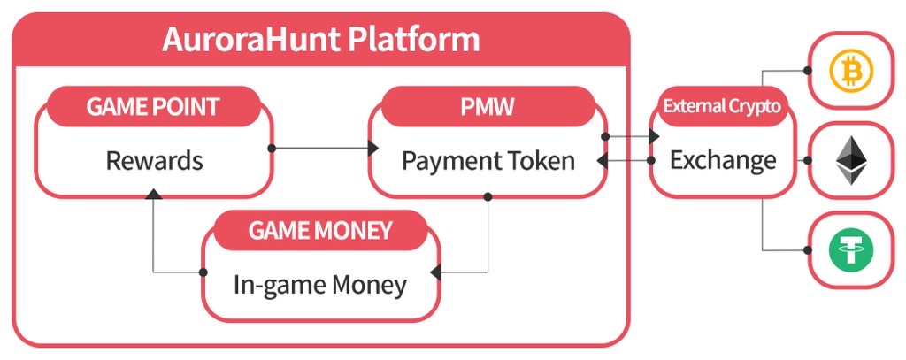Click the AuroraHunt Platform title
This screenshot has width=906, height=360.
coord(320,39)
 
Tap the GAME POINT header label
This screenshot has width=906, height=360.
coord(153,106)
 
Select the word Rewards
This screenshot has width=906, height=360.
coord(154,161)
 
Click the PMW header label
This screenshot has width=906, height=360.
coord(488,106)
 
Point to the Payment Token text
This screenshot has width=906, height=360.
coord(488,161)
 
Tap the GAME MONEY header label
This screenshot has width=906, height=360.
coord(320,231)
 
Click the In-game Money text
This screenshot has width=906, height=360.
coord(320,285)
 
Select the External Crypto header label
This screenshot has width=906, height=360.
coord(722,106)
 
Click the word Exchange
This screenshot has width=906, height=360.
coord(723,160)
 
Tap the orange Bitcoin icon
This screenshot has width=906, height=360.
coord(851,72)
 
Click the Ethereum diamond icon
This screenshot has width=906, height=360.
coord(852,160)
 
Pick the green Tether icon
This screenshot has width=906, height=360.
coord(851,250)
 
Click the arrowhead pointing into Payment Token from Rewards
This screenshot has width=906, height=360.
coord(373,148)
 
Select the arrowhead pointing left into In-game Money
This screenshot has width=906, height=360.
coord(436,272)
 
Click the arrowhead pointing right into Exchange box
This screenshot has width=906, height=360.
coord(654,136)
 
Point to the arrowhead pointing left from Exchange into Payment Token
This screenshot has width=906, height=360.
coord(602,160)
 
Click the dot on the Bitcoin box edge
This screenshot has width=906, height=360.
coord(808,71)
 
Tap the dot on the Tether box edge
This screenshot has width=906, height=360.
coord(808,250)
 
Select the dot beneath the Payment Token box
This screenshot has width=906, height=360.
coord(488,197)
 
